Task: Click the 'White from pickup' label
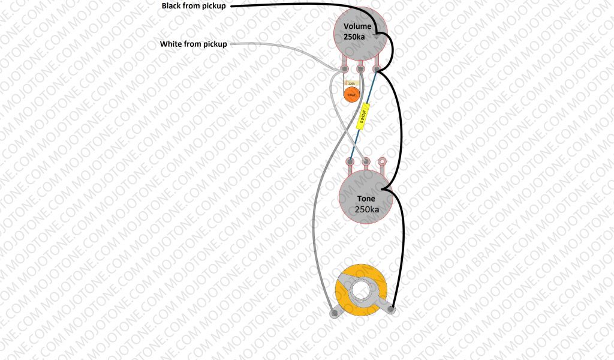pos(193,44)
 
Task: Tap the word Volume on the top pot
pos(357,26)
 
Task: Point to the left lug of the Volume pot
pos(345,70)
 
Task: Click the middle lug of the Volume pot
pos(361,70)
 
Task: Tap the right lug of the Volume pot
pos(377,70)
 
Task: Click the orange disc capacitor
pos(351,93)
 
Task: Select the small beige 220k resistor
pos(351,83)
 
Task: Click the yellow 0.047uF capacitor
pos(363,115)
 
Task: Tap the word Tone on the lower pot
pos(366,199)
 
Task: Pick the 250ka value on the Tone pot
pos(366,209)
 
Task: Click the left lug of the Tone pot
pos(350,161)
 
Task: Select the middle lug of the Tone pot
pos(366,161)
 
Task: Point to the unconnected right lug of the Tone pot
pos(381,161)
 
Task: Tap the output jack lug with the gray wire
pos(333,313)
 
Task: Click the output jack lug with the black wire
pos(392,310)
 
